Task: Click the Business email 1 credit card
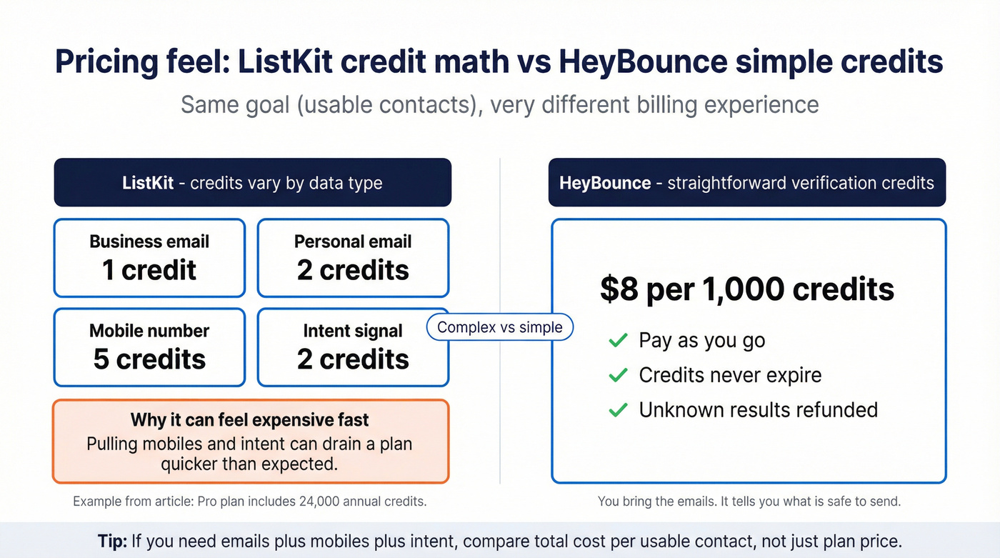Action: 149,258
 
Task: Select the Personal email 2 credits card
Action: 353,258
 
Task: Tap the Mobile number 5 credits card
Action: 149,347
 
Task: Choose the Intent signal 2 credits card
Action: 353,347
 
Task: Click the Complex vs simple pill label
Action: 500,327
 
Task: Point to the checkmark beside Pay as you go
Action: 618,340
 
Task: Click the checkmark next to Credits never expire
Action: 618,375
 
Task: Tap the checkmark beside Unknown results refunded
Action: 618,410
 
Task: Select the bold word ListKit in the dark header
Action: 148,183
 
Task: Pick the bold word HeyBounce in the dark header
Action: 604,183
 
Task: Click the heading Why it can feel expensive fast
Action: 250,419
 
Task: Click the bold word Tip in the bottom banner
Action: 112,541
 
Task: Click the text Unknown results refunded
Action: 758,410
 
